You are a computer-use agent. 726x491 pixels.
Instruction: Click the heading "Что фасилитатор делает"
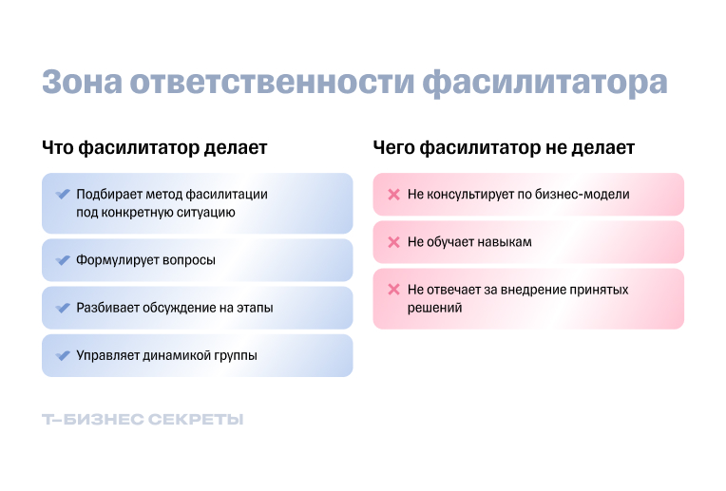pos(155,148)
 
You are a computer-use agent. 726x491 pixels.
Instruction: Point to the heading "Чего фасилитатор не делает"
pos(504,148)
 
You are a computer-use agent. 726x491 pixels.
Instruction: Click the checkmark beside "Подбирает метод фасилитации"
pos(63,194)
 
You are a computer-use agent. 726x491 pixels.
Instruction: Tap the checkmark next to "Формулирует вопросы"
pos(63,260)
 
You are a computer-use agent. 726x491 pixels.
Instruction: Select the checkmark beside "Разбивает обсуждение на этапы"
pos(63,308)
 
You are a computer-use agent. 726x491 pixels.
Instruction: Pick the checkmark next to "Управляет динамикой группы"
pos(63,356)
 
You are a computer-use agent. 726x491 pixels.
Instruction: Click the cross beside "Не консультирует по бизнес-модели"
pos(393,195)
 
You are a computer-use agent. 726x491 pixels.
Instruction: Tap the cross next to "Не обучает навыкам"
pos(393,242)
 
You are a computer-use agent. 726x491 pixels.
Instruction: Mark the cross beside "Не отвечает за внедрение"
pos(393,290)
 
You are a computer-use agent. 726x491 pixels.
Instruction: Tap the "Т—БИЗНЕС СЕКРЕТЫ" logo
pos(143,420)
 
